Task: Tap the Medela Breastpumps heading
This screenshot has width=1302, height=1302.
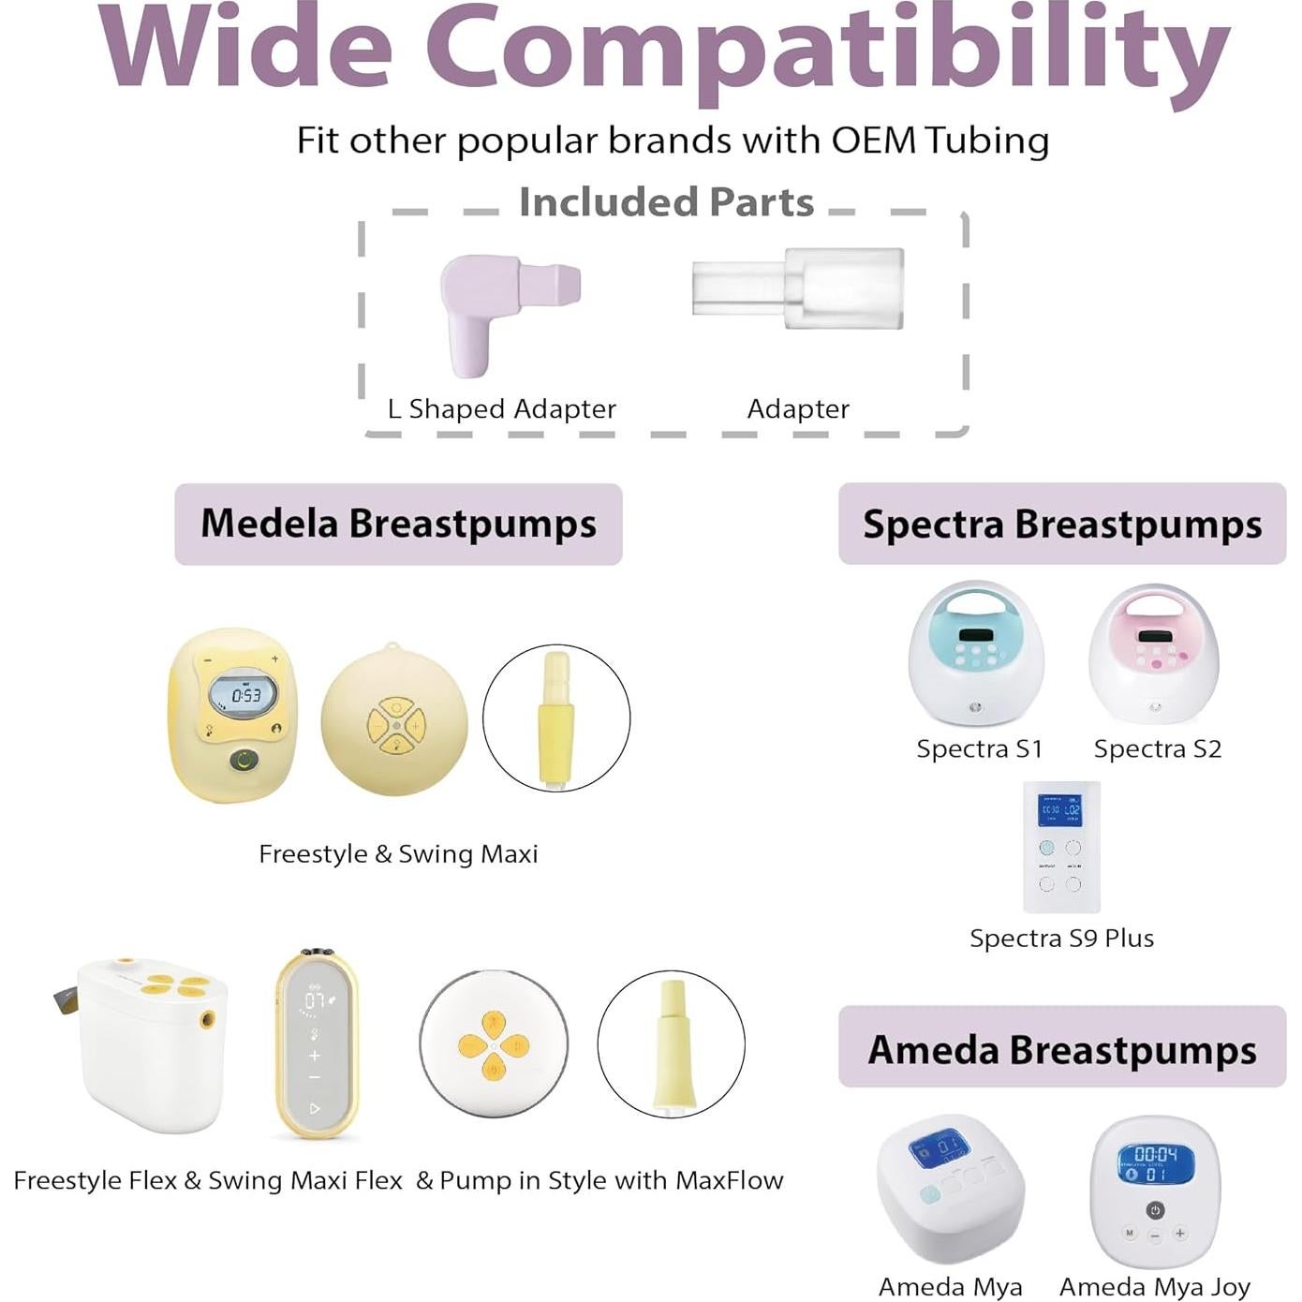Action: [398, 524]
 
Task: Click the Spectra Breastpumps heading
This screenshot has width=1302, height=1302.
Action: [1061, 524]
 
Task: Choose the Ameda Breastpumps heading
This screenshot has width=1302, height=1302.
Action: [1061, 1049]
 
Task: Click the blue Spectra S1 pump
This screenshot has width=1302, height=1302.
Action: [976, 654]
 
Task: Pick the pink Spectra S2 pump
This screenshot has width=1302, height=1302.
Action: [1155, 654]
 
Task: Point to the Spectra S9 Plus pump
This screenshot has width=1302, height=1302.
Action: [1060, 847]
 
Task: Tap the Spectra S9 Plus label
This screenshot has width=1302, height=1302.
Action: [1061, 938]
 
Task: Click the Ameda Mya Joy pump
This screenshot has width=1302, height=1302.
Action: [1156, 1190]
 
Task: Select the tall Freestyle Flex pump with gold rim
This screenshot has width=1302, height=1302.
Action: [316, 1043]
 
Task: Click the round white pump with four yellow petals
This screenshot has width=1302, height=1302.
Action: [494, 1043]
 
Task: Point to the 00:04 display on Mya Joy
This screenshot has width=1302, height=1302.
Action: [1156, 1154]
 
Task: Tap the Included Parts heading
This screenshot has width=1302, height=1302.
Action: [666, 202]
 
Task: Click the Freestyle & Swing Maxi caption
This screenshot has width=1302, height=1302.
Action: [398, 854]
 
